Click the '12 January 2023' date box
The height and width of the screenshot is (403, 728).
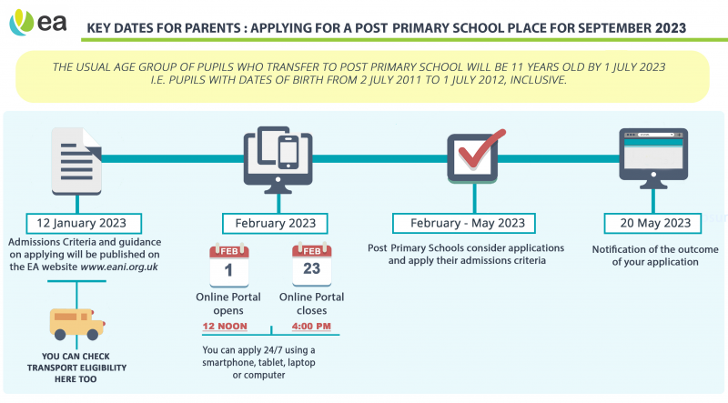[x=76, y=222]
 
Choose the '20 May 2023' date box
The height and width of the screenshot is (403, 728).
[x=652, y=223]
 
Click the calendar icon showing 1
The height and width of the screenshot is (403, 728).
[x=228, y=265]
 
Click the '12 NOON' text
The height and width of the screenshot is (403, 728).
[x=227, y=325]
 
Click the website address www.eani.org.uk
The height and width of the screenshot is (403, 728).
[x=114, y=267]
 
